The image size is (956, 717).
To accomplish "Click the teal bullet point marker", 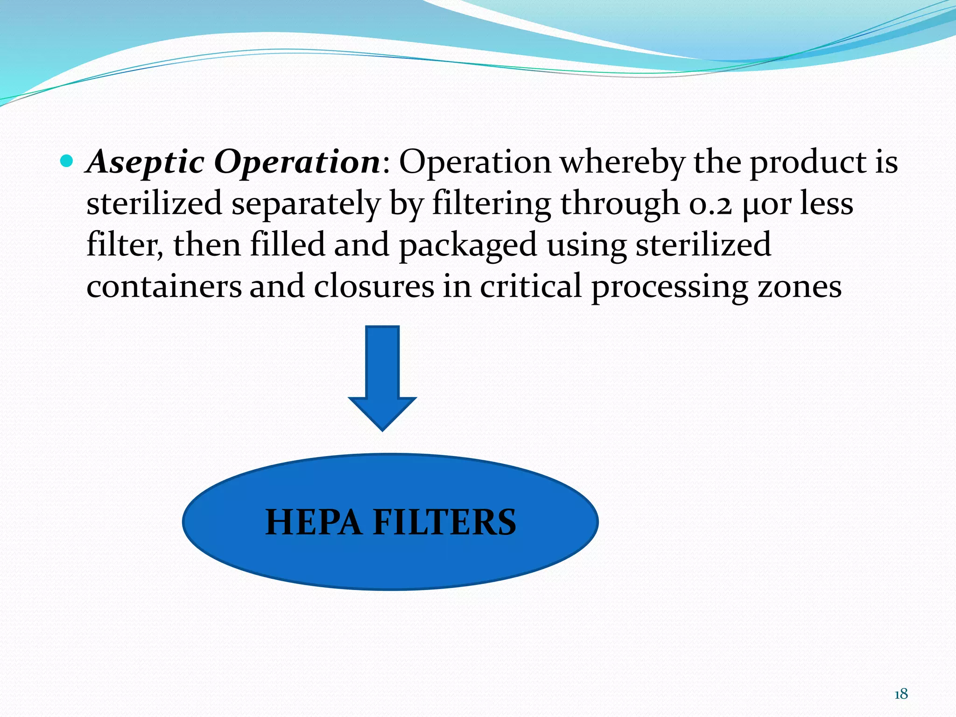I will pyautogui.click(x=67, y=162).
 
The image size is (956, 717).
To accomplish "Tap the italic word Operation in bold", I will pyautogui.click(x=297, y=162).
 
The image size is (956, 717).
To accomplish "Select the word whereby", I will pyautogui.click(x=622, y=162).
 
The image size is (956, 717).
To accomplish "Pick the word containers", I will pyautogui.click(x=164, y=286).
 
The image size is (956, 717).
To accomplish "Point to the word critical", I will pyautogui.click(x=531, y=286).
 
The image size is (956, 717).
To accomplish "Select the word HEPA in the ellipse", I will pyautogui.click(x=314, y=522).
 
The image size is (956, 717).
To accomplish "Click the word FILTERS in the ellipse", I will pyautogui.click(x=444, y=522).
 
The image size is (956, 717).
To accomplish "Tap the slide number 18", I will pyautogui.click(x=901, y=694).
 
